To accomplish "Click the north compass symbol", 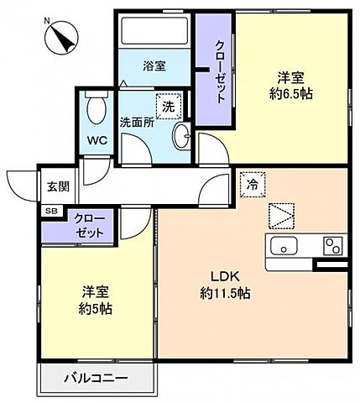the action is click(x=61, y=38).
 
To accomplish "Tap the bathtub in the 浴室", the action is click(x=154, y=30).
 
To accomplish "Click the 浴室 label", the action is click(x=154, y=66).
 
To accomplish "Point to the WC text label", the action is click(x=97, y=140).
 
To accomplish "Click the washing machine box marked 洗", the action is click(x=169, y=107).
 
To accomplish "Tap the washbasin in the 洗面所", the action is click(x=181, y=136).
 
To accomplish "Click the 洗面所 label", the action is click(x=137, y=123).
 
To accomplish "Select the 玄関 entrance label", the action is click(x=58, y=186).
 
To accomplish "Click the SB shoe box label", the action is click(x=51, y=212).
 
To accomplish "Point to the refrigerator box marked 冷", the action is click(x=253, y=185).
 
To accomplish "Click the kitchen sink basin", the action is click(x=284, y=246).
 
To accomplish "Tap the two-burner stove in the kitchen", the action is click(x=333, y=246).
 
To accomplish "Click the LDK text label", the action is click(x=225, y=277).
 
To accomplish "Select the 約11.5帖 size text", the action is click(x=225, y=293).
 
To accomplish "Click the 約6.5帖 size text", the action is click(x=291, y=94).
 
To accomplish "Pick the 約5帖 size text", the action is click(x=96, y=309).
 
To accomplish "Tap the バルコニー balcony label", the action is click(x=96, y=379).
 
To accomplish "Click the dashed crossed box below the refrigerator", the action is click(x=281, y=216).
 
